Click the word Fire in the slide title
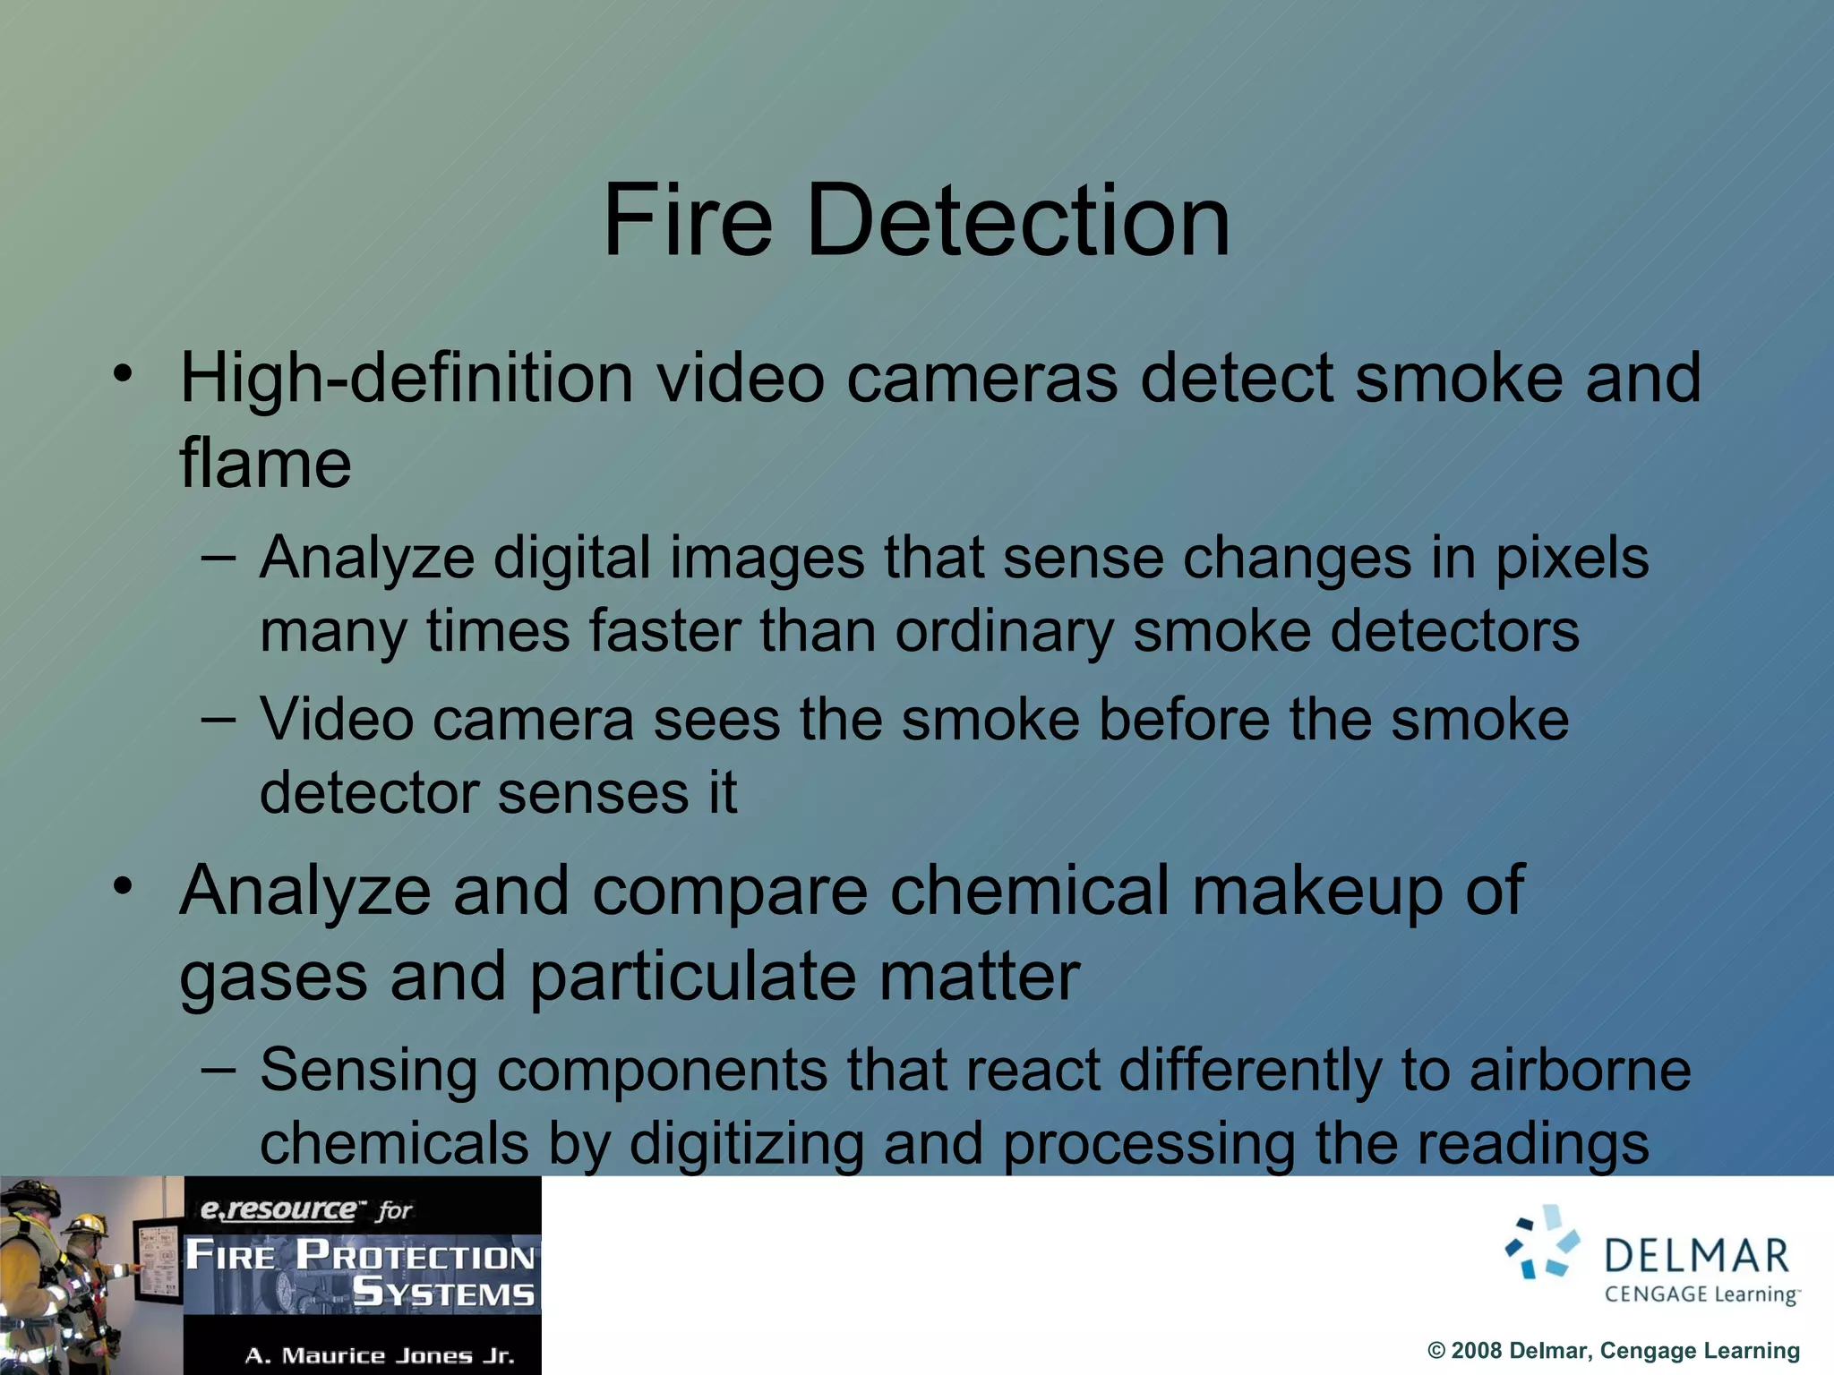pyautogui.click(x=687, y=220)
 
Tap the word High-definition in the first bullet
pyautogui.click(x=407, y=378)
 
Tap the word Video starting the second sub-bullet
pyautogui.click(x=337, y=720)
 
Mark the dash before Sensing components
pyautogui.click(x=219, y=1068)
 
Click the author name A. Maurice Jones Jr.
pyautogui.click(x=380, y=1355)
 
